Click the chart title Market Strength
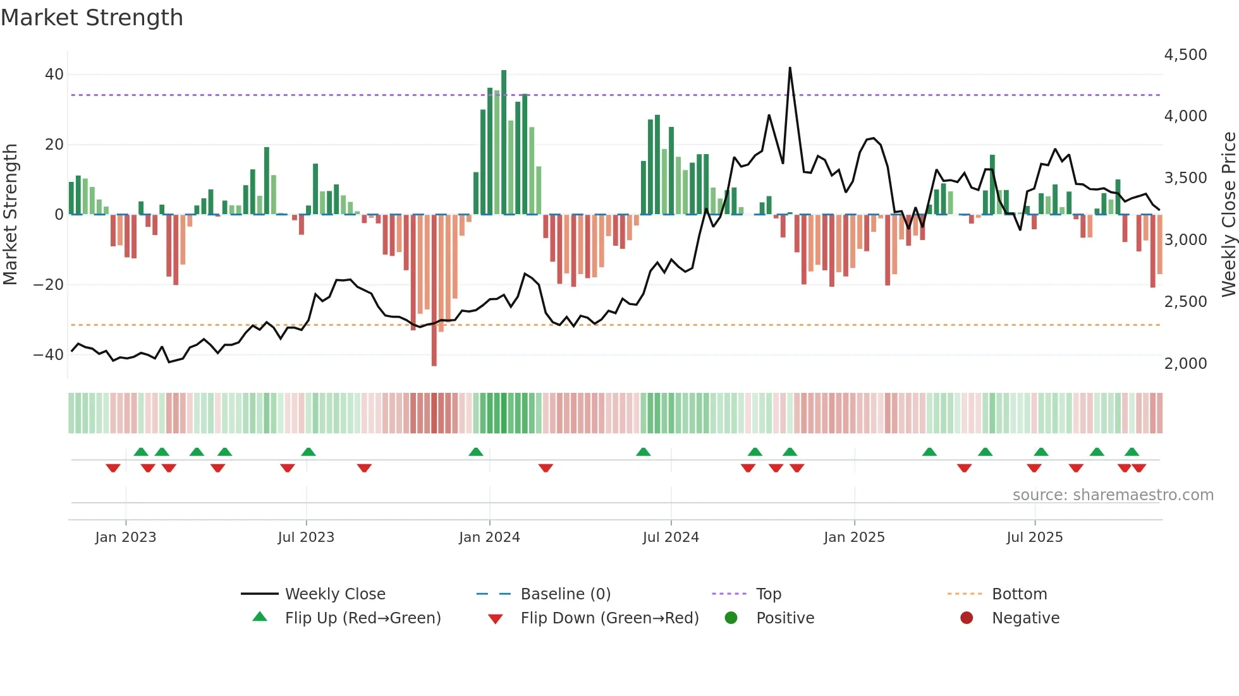click(92, 18)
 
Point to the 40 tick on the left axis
click(54, 75)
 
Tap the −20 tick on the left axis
click(49, 285)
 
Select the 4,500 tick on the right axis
click(1185, 55)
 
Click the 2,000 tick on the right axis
click(1185, 364)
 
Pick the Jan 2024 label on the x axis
click(489, 537)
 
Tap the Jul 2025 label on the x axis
click(1034, 537)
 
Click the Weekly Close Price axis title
click(1228, 215)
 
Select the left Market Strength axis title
click(10, 215)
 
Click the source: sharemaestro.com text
click(1113, 495)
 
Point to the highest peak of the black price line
click(790, 68)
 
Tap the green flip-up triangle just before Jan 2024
click(476, 452)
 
